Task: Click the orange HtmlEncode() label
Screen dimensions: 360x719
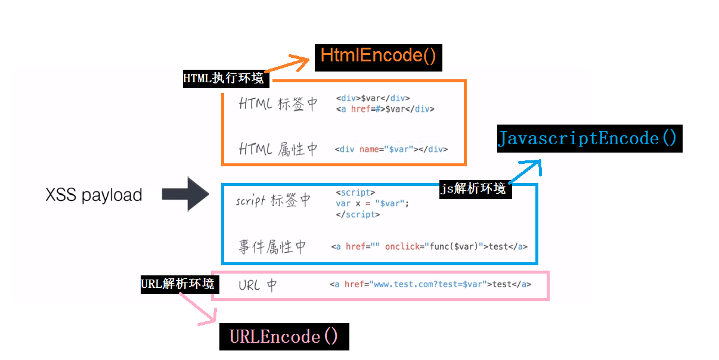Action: [378, 56]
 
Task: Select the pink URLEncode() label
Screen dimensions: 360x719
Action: [284, 337]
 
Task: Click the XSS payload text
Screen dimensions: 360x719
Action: [94, 195]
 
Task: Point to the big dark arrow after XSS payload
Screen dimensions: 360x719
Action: [185, 194]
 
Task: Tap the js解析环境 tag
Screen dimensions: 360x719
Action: [475, 189]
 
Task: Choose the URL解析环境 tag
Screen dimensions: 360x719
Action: [177, 284]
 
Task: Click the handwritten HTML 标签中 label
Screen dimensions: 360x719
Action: [278, 104]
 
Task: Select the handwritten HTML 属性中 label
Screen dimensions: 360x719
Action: [278, 149]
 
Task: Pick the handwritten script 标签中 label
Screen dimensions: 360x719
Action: [273, 200]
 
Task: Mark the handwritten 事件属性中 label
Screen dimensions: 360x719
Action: [272, 246]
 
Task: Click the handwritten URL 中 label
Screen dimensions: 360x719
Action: [257, 285]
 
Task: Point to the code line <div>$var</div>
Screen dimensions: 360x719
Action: [373, 98]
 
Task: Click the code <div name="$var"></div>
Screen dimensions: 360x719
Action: [391, 149]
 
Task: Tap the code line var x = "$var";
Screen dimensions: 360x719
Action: [373, 203]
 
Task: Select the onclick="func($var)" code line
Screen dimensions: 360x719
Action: [429, 246]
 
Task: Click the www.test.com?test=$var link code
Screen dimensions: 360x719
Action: [430, 284]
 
